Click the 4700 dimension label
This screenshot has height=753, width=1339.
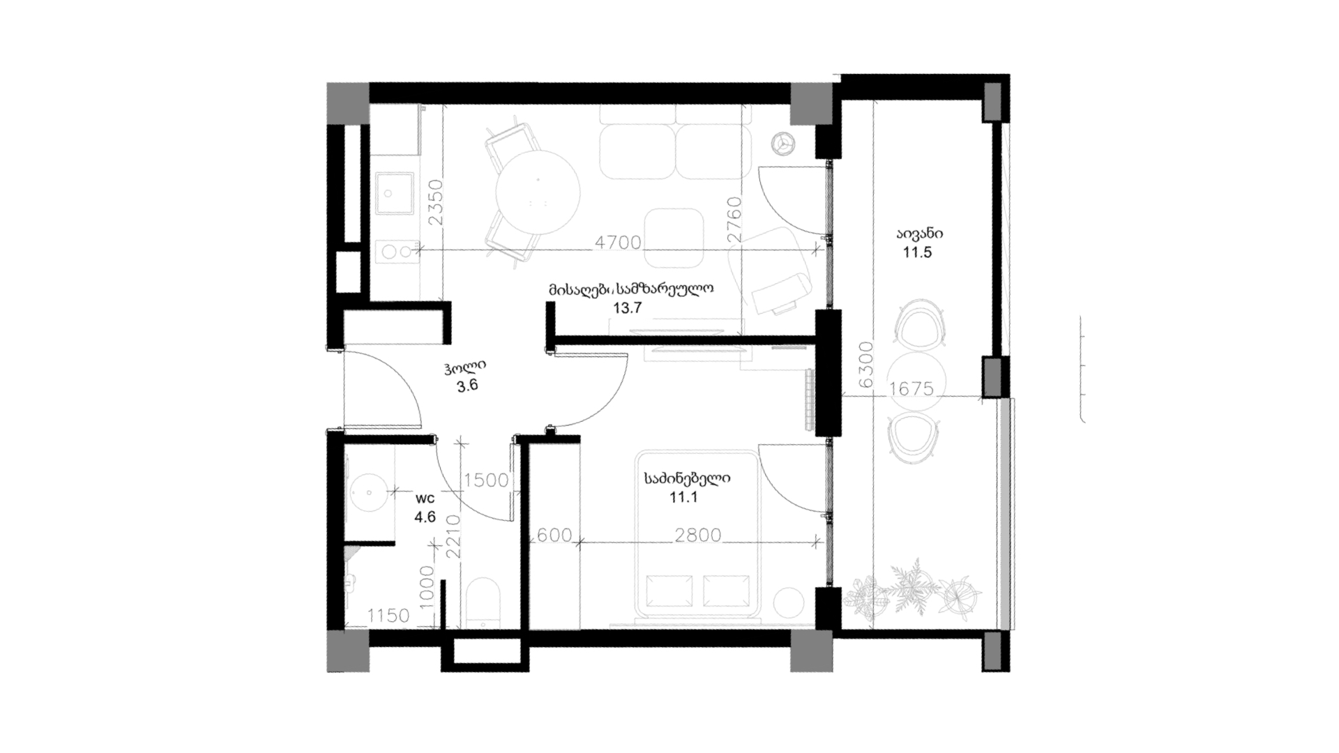617,243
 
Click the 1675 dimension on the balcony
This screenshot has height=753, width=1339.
911,388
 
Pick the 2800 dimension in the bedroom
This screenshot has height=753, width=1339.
697,535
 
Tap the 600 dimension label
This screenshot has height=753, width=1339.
554,535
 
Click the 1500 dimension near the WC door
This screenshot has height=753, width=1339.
486,480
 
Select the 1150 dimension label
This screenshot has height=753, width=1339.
388,616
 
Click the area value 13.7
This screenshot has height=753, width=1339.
627,308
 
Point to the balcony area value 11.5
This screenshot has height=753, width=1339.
917,252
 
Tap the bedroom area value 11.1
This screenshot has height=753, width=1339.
683,498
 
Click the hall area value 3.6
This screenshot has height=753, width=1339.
467,386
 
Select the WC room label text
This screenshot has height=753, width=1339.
425,499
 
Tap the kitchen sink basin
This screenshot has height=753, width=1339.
394,193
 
